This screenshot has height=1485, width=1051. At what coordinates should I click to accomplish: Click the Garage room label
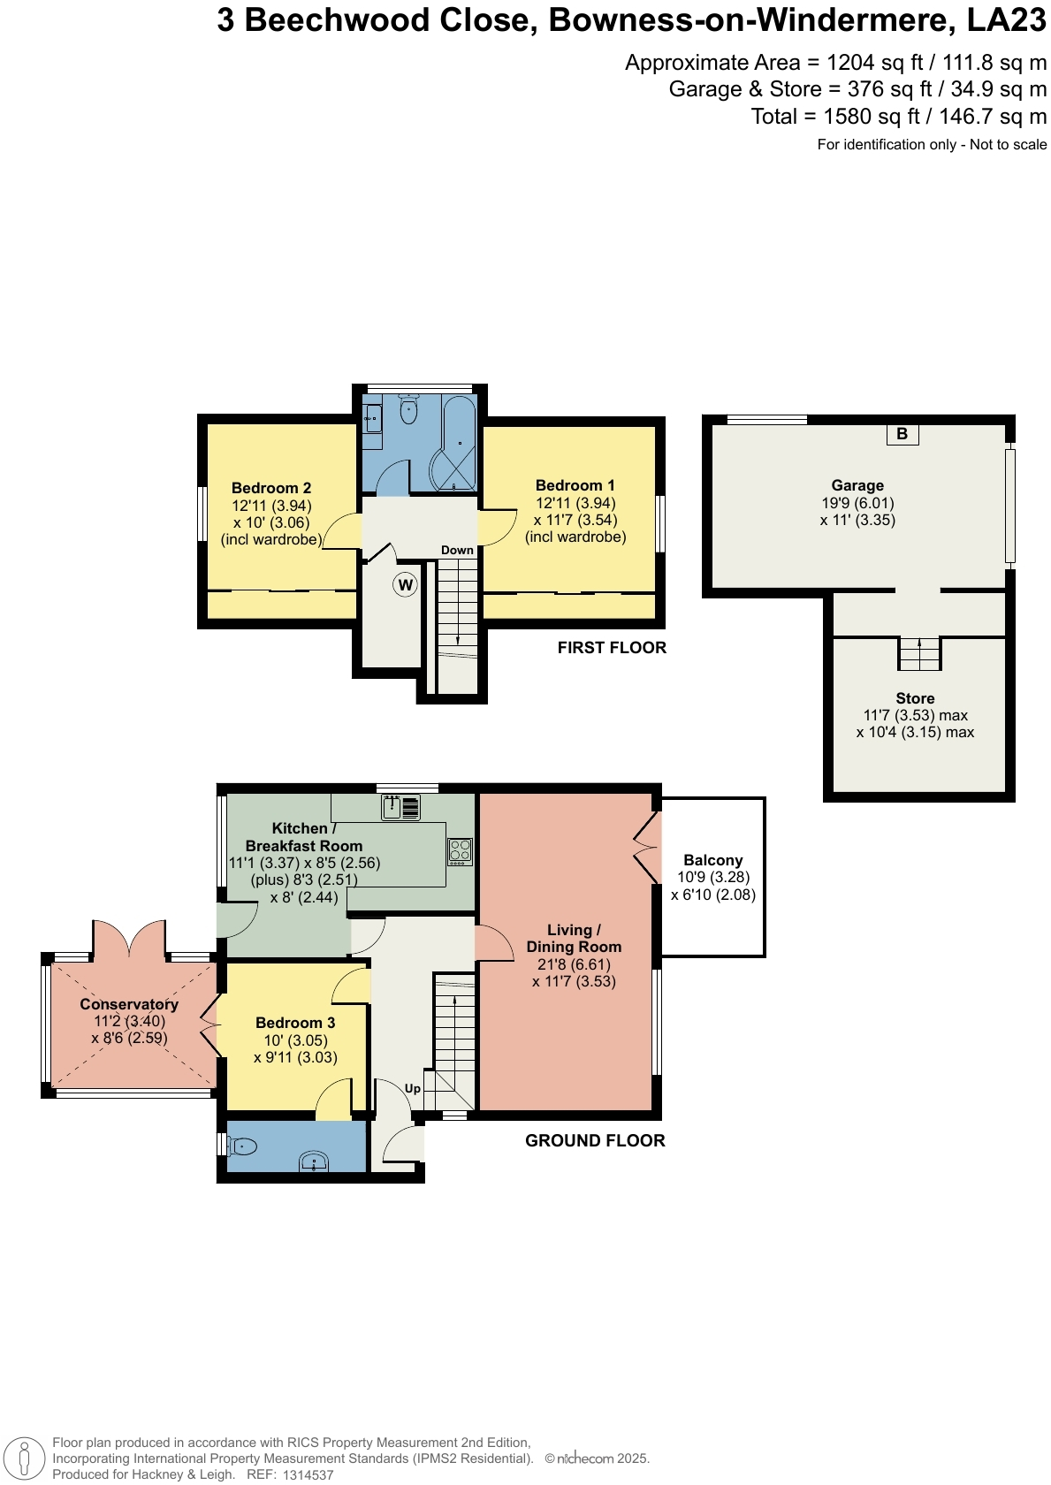tap(857, 485)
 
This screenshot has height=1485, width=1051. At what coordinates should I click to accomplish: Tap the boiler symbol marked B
tap(902, 433)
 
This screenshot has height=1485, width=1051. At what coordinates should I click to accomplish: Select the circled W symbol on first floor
tap(405, 584)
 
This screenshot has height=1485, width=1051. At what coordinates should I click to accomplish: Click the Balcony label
tap(712, 860)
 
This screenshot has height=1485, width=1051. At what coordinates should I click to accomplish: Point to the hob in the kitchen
tap(460, 851)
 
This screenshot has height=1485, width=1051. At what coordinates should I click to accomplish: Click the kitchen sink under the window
tap(401, 807)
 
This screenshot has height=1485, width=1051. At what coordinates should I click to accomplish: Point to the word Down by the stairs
tap(457, 550)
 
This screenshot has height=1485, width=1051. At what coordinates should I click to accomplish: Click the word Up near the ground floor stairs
tap(413, 1088)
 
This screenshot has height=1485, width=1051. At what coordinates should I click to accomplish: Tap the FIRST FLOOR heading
tap(612, 648)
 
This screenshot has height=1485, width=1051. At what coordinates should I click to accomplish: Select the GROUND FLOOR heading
tap(595, 1140)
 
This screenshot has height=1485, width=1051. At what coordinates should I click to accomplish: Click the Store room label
tap(915, 698)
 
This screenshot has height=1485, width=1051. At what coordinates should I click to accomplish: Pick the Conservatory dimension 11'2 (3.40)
tap(129, 1021)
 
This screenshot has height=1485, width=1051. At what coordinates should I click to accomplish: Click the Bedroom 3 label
tap(295, 1023)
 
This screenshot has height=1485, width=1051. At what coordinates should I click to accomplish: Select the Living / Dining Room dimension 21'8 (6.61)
tap(574, 964)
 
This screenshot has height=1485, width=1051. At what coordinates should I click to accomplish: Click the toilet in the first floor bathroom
tap(408, 410)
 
